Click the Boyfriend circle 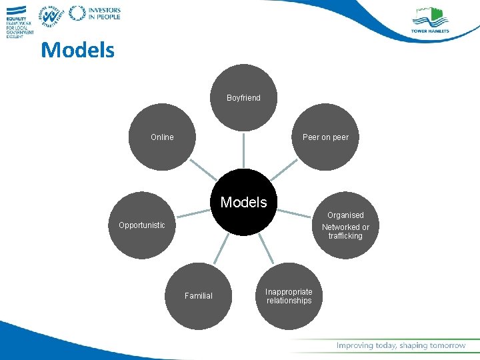click(x=243, y=97)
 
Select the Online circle click(x=162, y=137)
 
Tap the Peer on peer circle click(x=325, y=137)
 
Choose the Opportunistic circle click(x=142, y=225)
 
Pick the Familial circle click(x=199, y=295)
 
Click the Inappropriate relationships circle click(x=289, y=296)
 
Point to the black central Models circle click(x=243, y=202)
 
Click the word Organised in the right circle click(x=345, y=215)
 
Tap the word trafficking click(x=345, y=236)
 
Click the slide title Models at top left click(x=77, y=50)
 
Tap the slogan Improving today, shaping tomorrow click(x=401, y=345)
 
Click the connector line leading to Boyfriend click(x=243, y=150)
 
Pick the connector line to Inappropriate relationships click(x=265, y=250)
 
